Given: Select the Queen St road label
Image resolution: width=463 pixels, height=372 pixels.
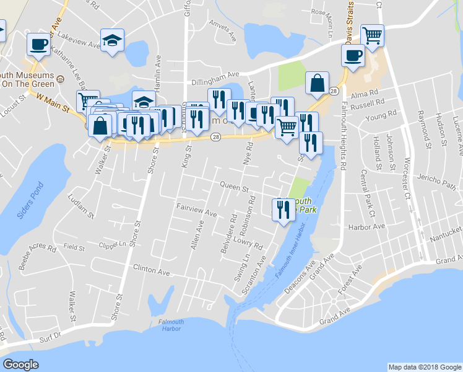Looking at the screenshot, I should click(234, 187).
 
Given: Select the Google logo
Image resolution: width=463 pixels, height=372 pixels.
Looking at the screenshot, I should click(20, 365).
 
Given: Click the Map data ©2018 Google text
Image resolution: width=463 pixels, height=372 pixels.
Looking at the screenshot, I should click(424, 367).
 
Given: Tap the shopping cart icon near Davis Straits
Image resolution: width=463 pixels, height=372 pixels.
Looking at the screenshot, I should click(372, 35).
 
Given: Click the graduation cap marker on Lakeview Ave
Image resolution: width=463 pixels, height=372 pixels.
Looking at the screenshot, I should click(112, 40).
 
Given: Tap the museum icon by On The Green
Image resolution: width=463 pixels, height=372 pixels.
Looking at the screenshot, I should click(61, 79).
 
